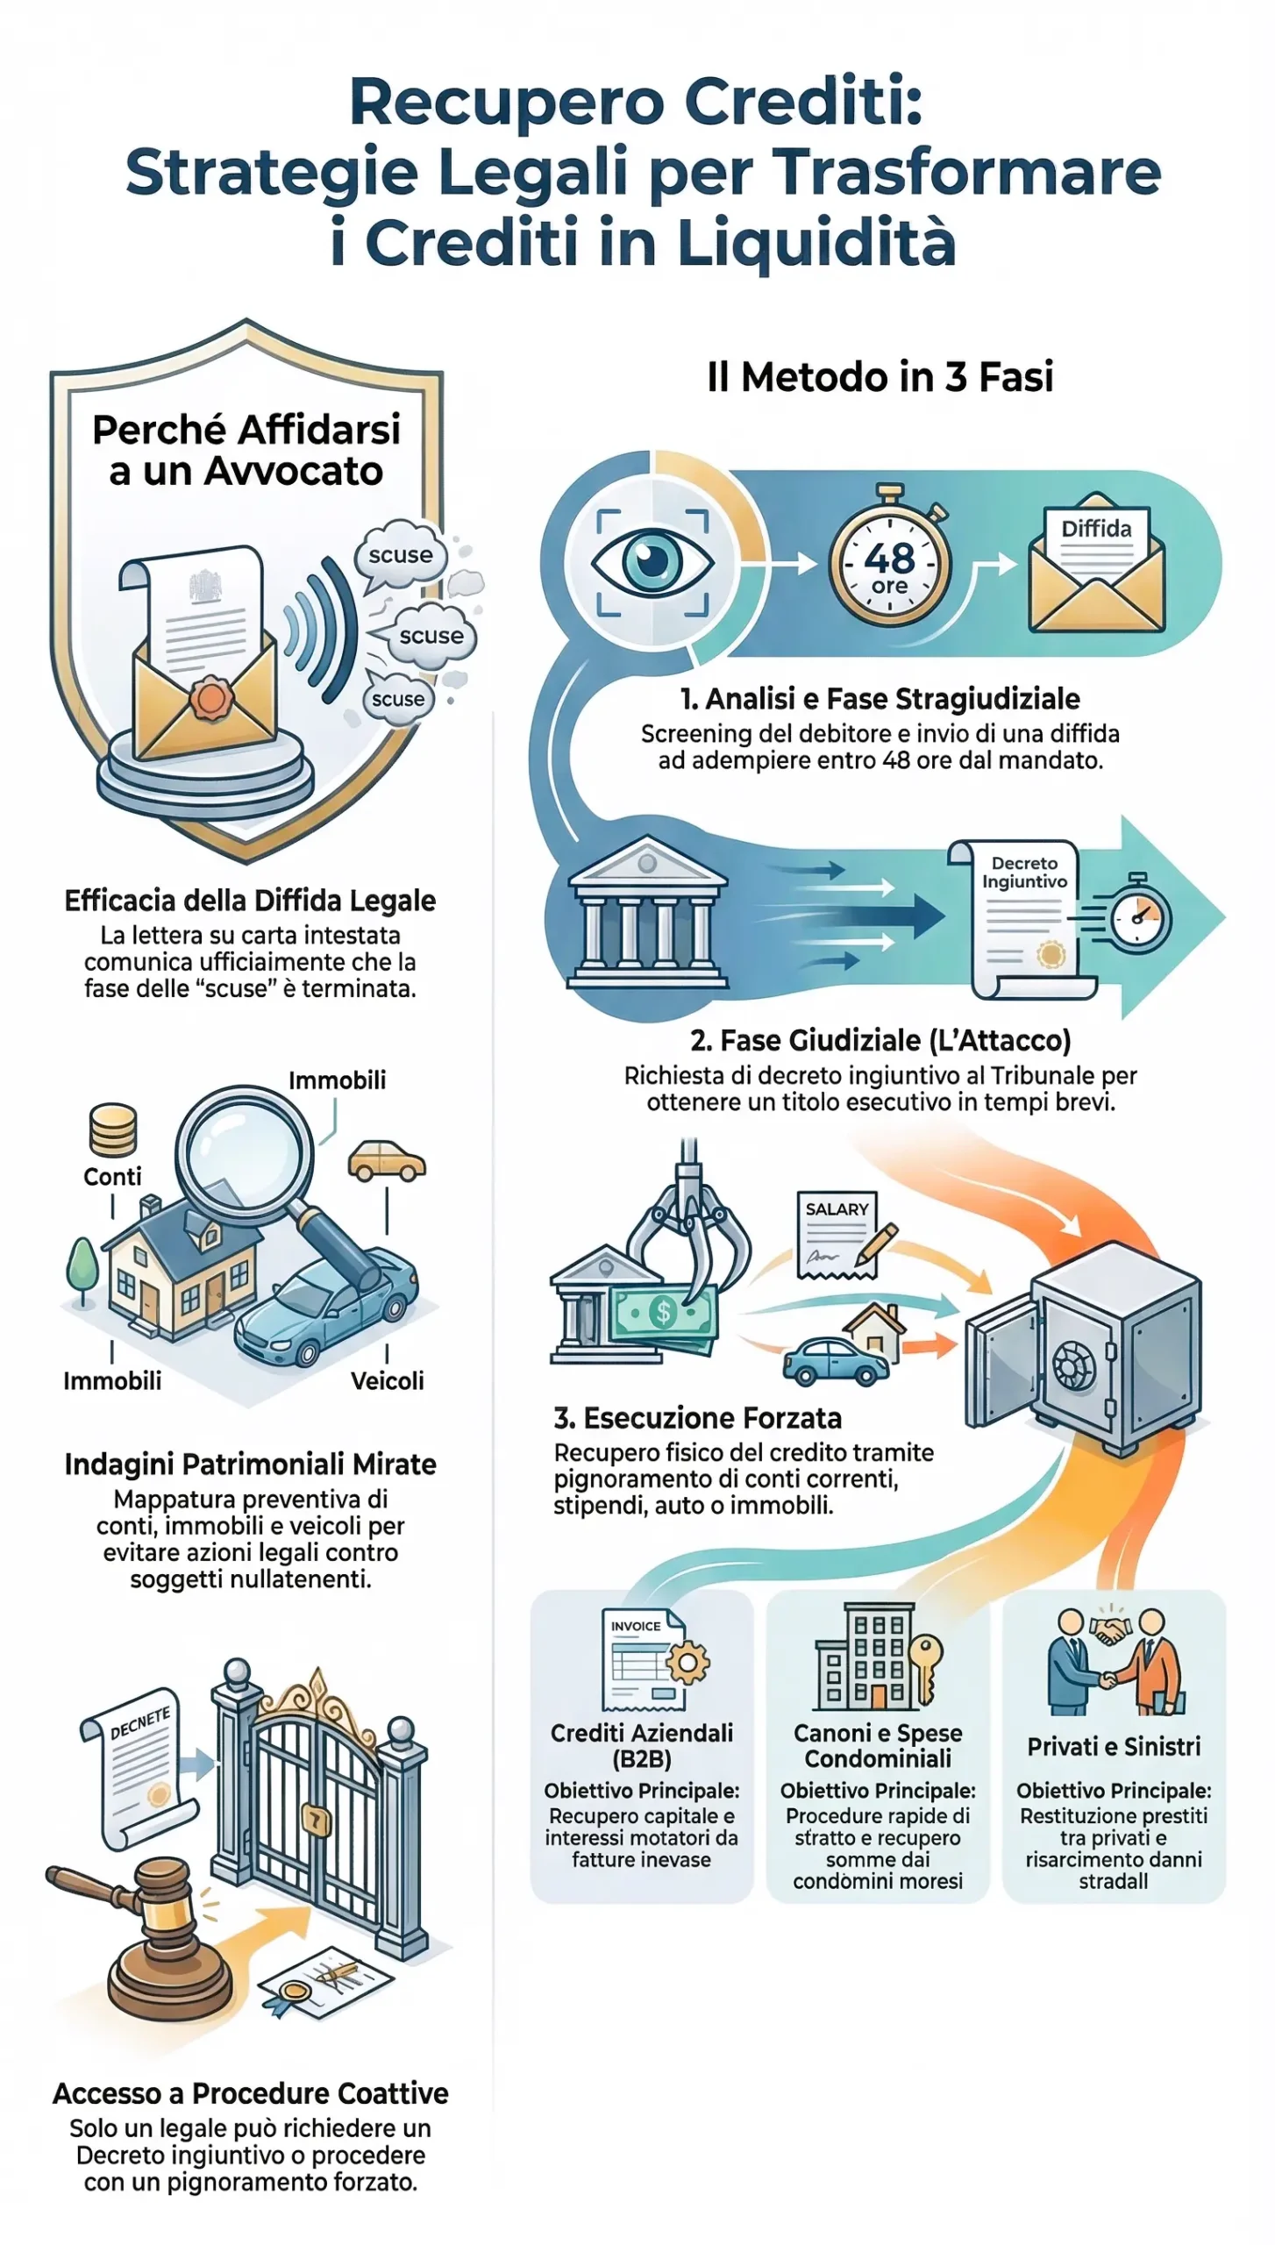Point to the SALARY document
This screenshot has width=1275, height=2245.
[837, 1233]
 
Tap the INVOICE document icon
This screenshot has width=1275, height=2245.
[638, 1657]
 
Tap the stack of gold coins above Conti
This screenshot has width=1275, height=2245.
[113, 1130]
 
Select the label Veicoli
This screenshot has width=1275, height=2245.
[387, 1380]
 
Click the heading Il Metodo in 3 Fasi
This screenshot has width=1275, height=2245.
[880, 377]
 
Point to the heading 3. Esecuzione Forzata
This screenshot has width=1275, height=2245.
[697, 1417]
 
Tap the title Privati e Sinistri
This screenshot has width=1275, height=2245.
[1113, 1746]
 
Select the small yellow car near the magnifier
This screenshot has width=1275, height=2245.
[387, 1160]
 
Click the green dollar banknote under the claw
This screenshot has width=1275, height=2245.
[665, 1312]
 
